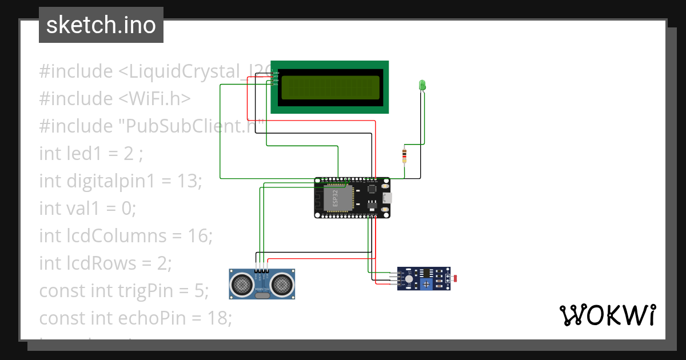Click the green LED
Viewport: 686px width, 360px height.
[x=422, y=85]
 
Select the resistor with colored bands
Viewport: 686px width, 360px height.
[x=405, y=154]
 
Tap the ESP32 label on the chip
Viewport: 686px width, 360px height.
[x=336, y=197]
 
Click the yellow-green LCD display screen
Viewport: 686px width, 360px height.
[x=329, y=87]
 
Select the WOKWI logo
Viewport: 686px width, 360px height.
[x=607, y=315]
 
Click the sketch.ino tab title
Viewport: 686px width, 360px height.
[x=101, y=25]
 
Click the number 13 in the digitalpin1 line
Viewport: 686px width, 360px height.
[x=188, y=181]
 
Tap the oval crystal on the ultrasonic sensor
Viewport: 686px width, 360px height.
[x=262, y=295]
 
